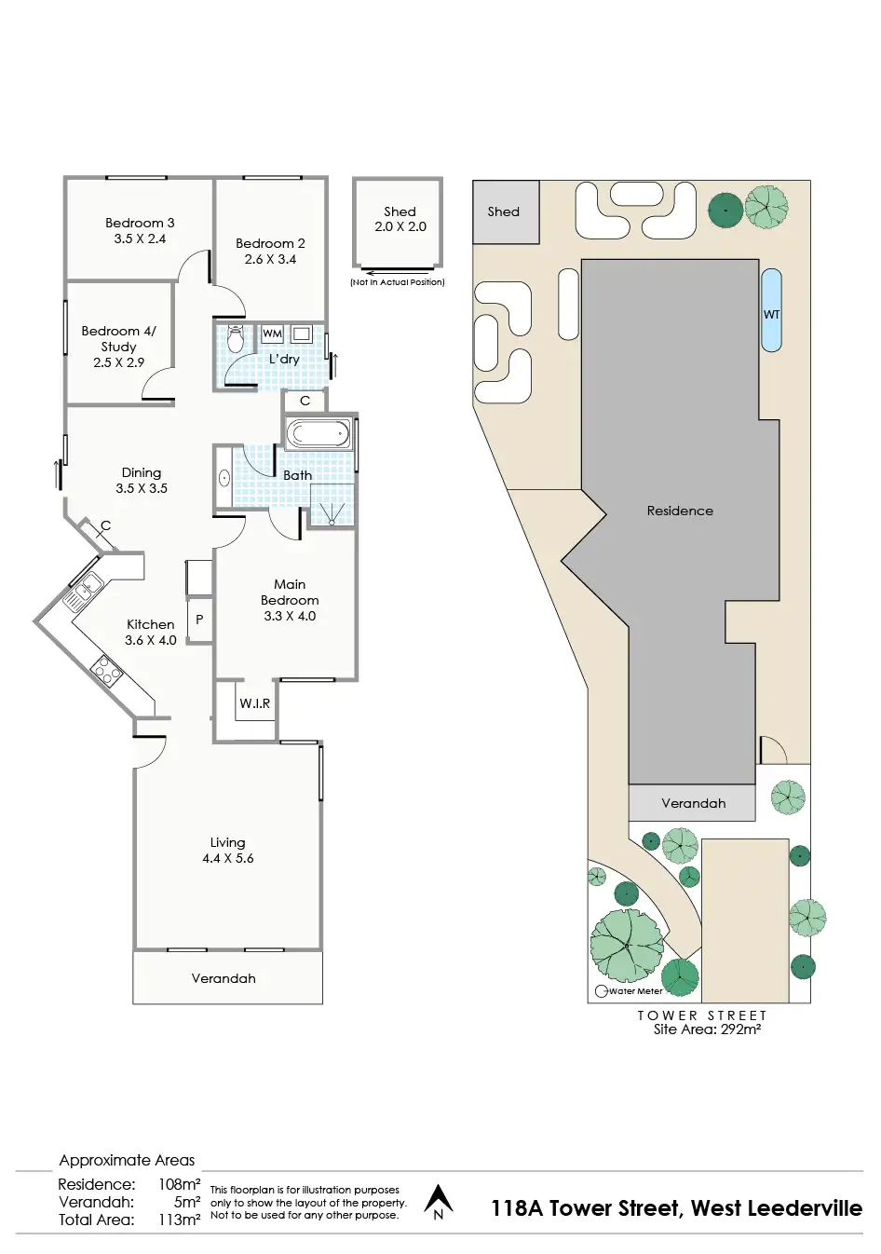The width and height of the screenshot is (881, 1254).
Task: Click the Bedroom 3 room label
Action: click(x=140, y=224)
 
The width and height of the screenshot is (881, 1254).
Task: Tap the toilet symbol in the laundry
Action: click(x=236, y=338)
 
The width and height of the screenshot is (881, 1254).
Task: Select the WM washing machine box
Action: click(x=272, y=334)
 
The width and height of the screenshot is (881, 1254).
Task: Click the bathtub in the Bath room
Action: click(x=318, y=433)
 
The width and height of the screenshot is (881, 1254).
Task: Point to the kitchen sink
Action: click(x=84, y=590)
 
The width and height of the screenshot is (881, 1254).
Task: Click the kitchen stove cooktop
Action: click(x=107, y=670)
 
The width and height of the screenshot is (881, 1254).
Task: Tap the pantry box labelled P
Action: click(x=199, y=620)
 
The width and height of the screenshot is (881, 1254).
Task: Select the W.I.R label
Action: click(x=254, y=703)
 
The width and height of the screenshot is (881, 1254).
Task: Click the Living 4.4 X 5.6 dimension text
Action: click(x=228, y=858)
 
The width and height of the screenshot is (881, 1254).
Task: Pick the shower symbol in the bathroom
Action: click(x=332, y=510)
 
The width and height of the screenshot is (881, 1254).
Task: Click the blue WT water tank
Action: click(x=771, y=310)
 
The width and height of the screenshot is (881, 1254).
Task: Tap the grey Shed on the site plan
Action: click(x=505, y=211)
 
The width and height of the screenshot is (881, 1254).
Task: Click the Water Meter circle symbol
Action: click(x=602, y=991)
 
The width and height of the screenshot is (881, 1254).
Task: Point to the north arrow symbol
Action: click(x=439, y=1202)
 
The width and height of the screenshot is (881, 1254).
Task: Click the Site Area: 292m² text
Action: click(x=707, y=1029)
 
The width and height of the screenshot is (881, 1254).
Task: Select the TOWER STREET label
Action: click(x=702, y=1015)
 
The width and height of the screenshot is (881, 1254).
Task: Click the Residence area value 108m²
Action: click(x=179, y=1184)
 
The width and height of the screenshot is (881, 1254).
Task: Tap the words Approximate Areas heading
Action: click(x=127, y=1160)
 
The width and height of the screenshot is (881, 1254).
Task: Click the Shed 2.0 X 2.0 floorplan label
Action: click(x=400, y=219)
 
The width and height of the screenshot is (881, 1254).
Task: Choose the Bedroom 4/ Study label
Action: click(x=118, y=338)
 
